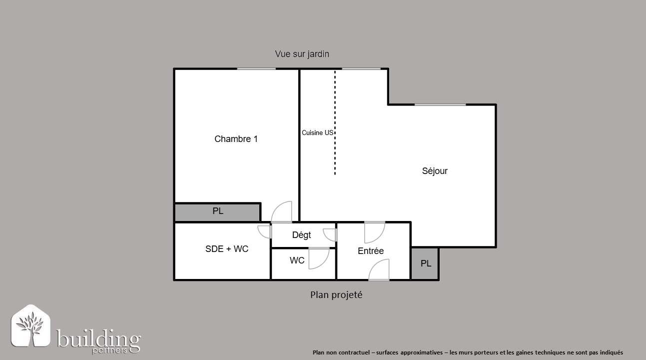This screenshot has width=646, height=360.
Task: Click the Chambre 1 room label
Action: tap(236, 139)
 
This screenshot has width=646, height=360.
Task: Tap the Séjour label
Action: tap(435, 170)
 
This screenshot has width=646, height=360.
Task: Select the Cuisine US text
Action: tap(317, 132)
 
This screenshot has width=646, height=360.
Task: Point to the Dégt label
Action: tap(301, 235)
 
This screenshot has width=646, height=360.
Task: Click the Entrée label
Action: tap(371, 251)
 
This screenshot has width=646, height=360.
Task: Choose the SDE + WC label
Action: tap(227, 249)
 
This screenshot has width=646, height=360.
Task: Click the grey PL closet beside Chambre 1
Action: tap(218, 212)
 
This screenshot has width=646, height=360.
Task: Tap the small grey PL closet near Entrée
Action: tap(425, 263)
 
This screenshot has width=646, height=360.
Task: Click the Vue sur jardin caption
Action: tap(302, 54)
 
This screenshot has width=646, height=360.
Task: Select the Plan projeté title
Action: tap(336, 295)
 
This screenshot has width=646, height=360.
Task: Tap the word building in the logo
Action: tap(98, 339)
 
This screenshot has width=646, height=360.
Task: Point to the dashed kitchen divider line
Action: tap(335, 122)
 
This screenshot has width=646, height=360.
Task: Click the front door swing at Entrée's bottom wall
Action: tap(379, 270)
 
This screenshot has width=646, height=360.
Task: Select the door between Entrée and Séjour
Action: tap(375, 232)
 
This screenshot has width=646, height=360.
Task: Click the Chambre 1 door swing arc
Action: tap(281, 212)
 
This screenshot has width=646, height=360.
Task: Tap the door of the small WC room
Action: tap(319, 258)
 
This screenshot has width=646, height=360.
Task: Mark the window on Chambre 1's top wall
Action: tap(256, 68)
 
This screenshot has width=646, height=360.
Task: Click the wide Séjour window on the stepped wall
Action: tap(440, 104)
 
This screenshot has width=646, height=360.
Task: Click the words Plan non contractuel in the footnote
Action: tap(341, 352)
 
